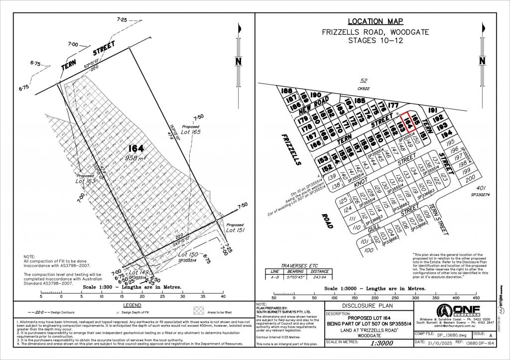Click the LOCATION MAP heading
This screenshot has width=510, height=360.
(375, 21)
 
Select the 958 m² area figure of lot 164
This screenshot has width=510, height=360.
(135, 158)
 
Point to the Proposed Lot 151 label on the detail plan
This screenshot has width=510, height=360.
(235, 228)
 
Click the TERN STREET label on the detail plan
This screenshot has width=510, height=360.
(88, 56)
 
